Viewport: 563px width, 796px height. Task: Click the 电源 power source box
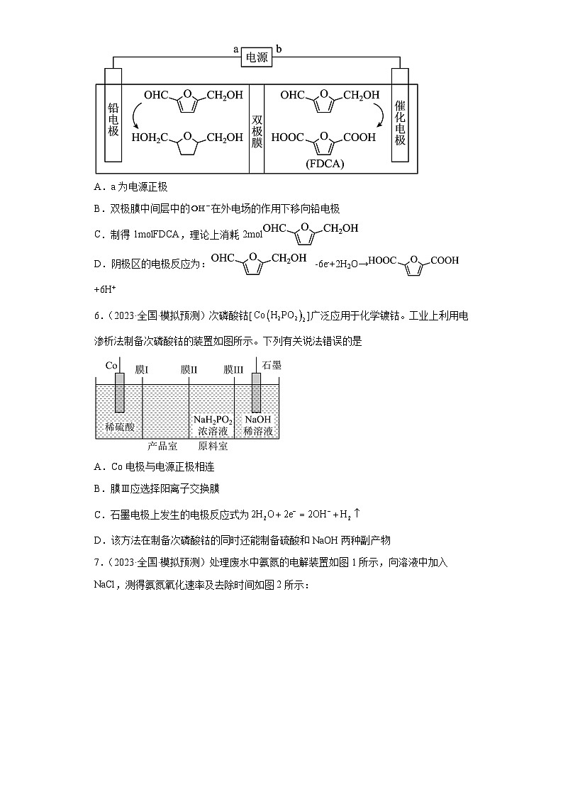(257, 58)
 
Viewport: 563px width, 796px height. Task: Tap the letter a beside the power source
(235, 49)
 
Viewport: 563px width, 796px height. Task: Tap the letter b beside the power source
(279, 49)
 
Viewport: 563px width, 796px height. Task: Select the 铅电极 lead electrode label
(113, 120)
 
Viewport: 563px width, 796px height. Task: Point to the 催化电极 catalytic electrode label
(400, 122)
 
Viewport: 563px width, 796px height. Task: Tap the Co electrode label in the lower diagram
(111, 365)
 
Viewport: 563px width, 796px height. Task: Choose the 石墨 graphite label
(272, 365)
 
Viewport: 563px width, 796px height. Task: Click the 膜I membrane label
(142, 369)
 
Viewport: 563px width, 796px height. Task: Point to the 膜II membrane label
(189, 369)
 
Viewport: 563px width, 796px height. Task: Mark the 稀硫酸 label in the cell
(119, 426)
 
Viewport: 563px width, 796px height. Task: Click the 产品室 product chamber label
(162, 447)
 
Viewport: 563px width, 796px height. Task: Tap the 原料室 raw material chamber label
(213, 447)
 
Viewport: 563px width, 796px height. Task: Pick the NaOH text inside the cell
(257, 420)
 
